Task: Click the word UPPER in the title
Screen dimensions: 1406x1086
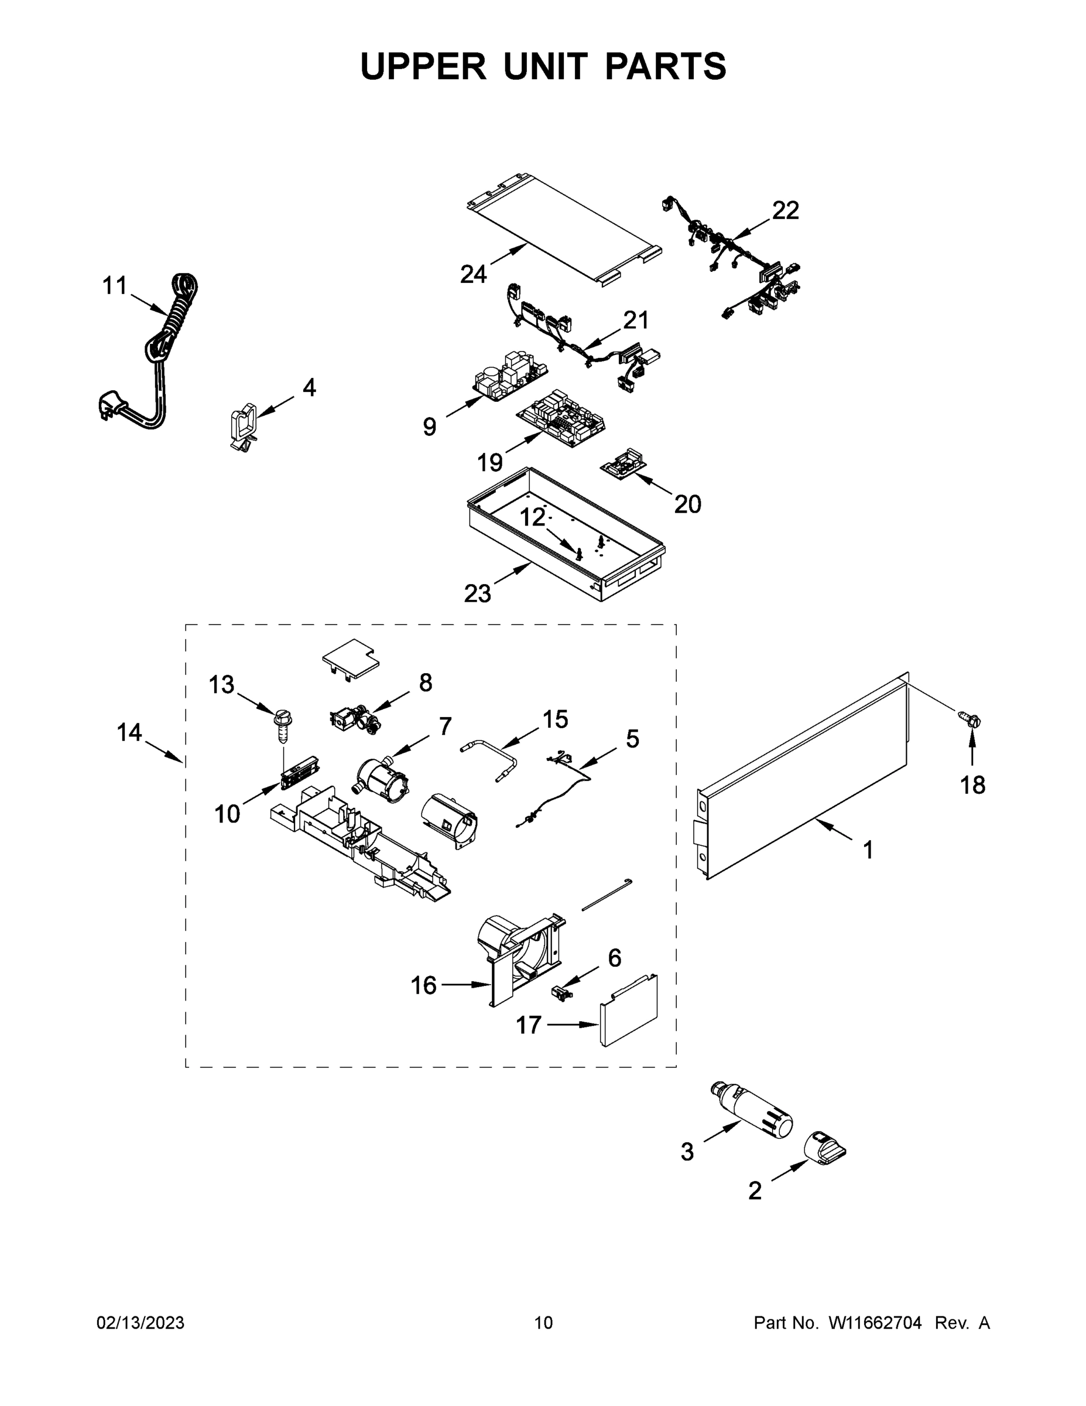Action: [x=423, y=66]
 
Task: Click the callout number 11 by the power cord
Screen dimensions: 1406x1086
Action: [x=115, y=285]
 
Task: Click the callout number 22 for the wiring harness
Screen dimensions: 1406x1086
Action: [x=785, y=210]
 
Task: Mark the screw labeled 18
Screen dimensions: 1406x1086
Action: [x=970, y=721]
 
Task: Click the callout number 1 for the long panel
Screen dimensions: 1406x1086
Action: [x=867, y=851]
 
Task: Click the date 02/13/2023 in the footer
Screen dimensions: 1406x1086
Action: [x=141, y=1322]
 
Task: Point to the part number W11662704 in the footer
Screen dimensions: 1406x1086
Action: [x=875, y=1322]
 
